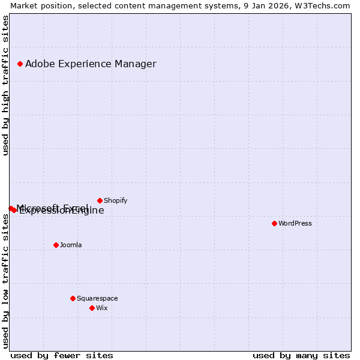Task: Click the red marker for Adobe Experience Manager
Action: click(20, 64)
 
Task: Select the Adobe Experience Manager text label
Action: click(91, 64)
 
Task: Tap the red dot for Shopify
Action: click(100, 200)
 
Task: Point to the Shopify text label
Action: click(115, 200)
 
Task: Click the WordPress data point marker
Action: click(274, 223)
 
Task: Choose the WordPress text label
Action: click(295, 223)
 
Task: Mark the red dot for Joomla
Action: click(56, 245)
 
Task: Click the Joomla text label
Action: click(71, 245)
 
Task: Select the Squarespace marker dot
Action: click(73, 298)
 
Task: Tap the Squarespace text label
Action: click(97, 298)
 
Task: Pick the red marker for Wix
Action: click(92, 308)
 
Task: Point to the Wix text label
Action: click(102, 308)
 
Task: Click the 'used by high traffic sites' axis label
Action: click(5, 86)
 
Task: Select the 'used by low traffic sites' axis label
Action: click(5, 280)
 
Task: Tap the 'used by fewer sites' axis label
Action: click(62, 355)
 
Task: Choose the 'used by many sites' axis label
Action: click(301, 355)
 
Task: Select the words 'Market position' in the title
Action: click(38, 5)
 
